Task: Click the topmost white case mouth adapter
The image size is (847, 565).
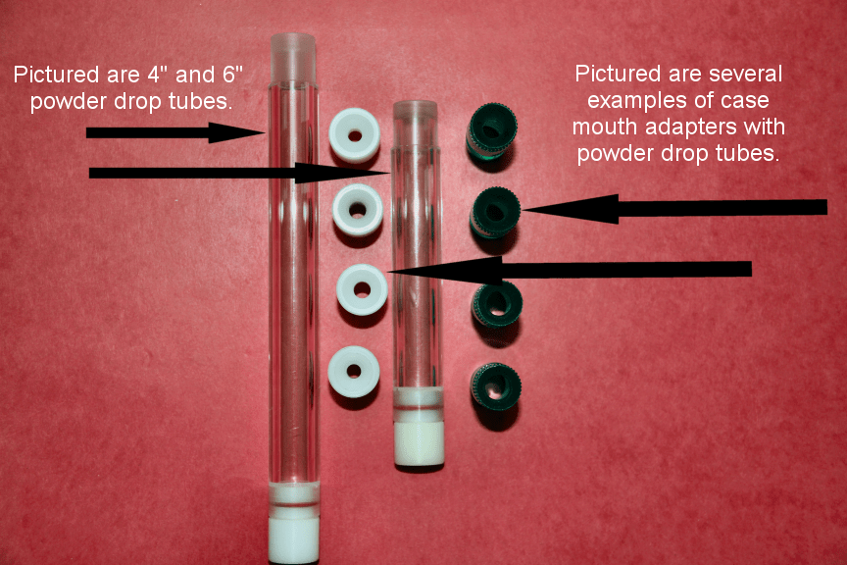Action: [354, 135]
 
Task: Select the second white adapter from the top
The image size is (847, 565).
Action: [357, 210]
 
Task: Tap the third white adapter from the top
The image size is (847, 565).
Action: [362, 290]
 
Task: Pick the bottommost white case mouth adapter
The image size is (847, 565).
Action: [354, 372]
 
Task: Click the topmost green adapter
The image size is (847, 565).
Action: [491, 132]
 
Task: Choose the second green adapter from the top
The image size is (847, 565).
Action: [495, 213]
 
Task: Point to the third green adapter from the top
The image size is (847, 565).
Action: [497, 304]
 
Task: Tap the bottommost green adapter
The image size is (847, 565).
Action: [496, 386]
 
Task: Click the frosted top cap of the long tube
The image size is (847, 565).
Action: [292, 57]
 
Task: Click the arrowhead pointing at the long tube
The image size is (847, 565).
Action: [236, 132]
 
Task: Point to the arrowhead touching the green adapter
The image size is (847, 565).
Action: [570, 209]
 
